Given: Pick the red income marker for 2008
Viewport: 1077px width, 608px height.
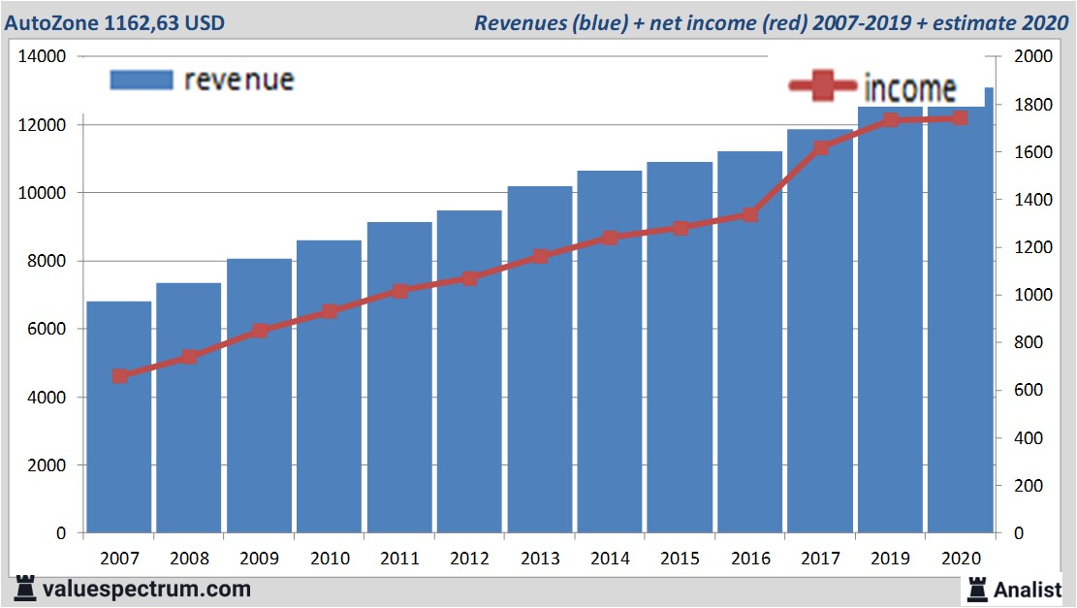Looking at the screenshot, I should click(x=190, y=357).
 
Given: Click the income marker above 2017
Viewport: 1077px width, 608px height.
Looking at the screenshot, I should click(x=821, y=148).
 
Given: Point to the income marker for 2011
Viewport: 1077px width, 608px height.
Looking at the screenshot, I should click(x=400, y=291).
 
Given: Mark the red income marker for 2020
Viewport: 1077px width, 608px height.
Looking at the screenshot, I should click(x=960, y=118).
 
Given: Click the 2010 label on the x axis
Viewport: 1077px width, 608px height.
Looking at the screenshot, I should click(x=330, y=559).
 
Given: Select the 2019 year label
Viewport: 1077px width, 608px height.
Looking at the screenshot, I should click(x=890, y=559).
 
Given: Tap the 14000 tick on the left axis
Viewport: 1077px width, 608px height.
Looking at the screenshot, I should click(x=43, y=56).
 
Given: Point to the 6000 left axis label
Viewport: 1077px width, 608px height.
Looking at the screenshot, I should click(x=47, y=329).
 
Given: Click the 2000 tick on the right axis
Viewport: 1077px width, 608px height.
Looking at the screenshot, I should click(x=1030, y=56).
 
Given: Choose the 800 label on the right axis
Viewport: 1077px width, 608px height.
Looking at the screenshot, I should click(x=1026, y=342).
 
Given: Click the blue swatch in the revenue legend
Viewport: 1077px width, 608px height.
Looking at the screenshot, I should click(x=142, y=80).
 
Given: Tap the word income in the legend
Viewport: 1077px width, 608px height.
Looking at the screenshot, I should click(x=909, y=89).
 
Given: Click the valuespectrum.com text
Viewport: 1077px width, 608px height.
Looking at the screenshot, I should click(x=146, y=589).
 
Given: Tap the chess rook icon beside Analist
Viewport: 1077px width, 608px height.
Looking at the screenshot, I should click(x=977, y=589).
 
